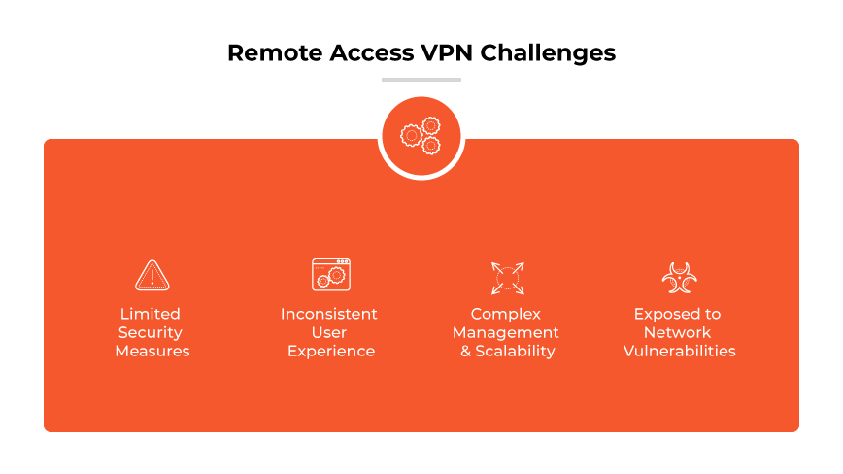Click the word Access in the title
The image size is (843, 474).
tap(365, 52)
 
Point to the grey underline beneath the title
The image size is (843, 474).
tap(421, 80)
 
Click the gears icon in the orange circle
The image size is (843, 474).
tap(421, 136)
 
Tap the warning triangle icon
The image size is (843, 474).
tap(152, 276)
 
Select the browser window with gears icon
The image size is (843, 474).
tap(330, 275)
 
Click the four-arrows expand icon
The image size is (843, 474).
tap(507, 278)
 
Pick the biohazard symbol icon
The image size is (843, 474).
tap(679, 277)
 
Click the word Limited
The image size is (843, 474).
tap(151, 314)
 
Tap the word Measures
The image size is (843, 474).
tap(152, 351)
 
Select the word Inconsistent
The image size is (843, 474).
tap(329, 314)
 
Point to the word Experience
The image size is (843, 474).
tap(331, 352)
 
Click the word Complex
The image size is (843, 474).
tap(506, 314)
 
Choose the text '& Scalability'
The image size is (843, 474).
tap(508, 351)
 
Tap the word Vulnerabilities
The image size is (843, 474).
tap(680, 351)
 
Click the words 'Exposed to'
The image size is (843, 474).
tap(678, 314)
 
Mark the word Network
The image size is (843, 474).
tap(678, 332)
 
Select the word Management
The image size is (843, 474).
tap(506, 332)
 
